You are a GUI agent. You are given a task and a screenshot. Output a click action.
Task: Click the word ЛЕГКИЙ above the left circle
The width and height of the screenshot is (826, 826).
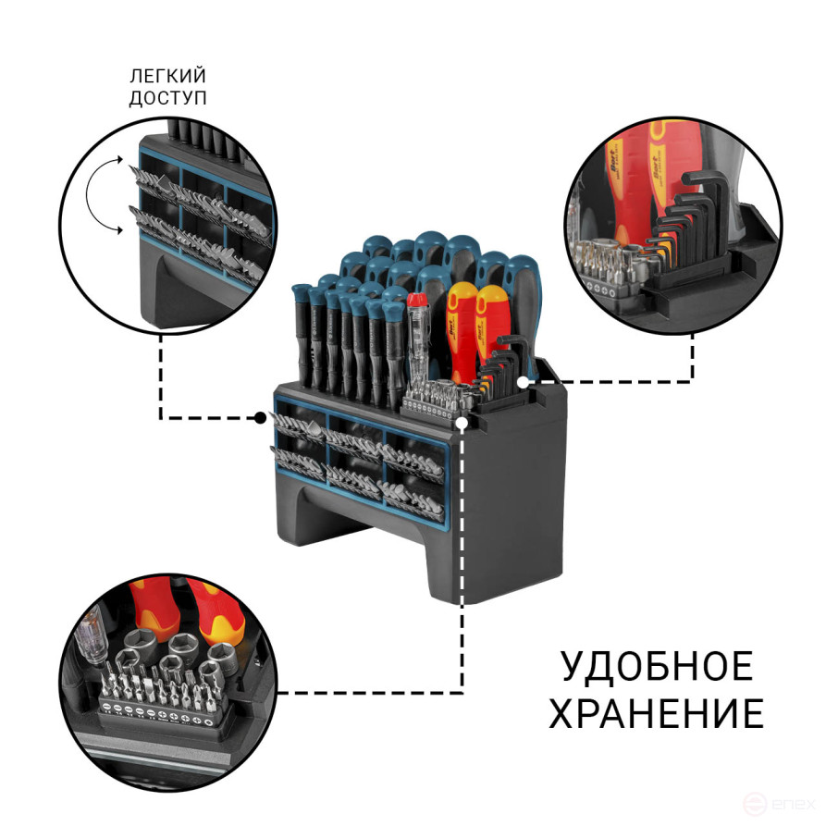(x=167, y=76)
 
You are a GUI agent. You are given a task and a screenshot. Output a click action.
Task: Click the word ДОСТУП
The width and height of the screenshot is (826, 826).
(x=167, y=97)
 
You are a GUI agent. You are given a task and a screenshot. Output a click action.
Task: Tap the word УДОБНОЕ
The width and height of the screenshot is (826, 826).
(x=656, y=668)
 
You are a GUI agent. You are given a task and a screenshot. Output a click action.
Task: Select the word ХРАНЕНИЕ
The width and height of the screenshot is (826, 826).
(x=656, y=714)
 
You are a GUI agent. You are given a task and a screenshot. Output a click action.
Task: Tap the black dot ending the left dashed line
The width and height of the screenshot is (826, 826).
(x=262, y=418)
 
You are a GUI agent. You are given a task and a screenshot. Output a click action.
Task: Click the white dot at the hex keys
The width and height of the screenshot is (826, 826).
(x=524, y=380)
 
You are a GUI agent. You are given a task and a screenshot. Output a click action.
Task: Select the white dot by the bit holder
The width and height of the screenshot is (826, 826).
(x=462, y=423)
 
